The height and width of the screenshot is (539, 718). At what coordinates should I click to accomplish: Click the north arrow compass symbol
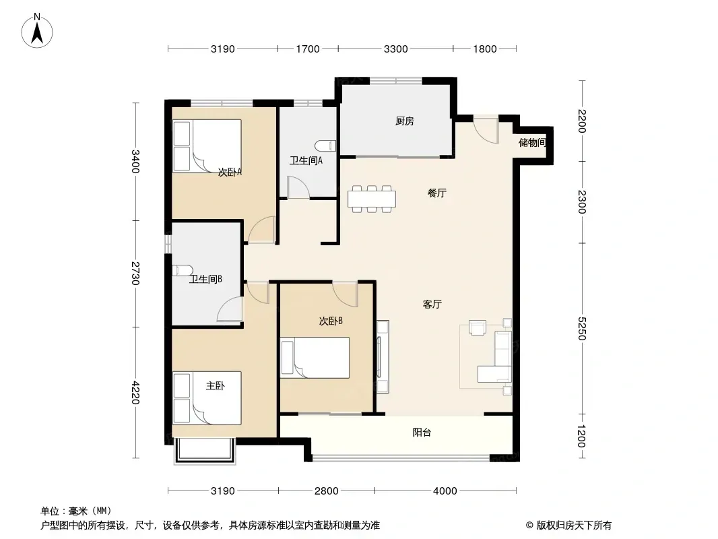[37, 30]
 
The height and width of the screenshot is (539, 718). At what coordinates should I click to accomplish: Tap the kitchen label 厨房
[405, 121]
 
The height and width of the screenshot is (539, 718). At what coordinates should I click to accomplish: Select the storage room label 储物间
[532, 142]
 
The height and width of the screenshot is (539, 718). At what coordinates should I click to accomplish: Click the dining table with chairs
[371, 199]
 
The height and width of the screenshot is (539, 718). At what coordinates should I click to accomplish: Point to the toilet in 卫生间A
[325, 146]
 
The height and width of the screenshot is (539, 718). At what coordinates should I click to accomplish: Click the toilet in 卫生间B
[181, 270]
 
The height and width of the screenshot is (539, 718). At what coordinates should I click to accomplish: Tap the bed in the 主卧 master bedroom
[207, 398]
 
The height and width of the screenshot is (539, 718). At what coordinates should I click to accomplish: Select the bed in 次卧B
[315, 358]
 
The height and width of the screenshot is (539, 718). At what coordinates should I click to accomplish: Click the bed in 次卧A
[207, 146]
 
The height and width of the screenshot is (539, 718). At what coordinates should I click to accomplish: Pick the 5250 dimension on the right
[581, 328]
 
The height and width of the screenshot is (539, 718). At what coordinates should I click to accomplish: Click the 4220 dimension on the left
[135, 392]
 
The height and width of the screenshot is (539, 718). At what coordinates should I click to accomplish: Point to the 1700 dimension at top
[308, 49]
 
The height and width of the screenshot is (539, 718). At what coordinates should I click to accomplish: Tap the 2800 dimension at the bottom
[327, 491]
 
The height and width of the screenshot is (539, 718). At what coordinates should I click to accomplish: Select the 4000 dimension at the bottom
[445, 491]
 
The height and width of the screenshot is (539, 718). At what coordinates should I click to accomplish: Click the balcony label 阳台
[422, 433]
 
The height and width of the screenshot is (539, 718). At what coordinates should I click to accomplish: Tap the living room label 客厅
[432, 304]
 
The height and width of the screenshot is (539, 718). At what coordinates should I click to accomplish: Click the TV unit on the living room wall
[383, 356]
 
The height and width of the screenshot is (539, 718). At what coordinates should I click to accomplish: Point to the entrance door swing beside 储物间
[486, 130]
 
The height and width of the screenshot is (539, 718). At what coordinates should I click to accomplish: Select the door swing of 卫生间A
[298, 188]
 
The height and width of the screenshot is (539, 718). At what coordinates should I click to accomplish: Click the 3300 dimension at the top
[395, 49]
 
